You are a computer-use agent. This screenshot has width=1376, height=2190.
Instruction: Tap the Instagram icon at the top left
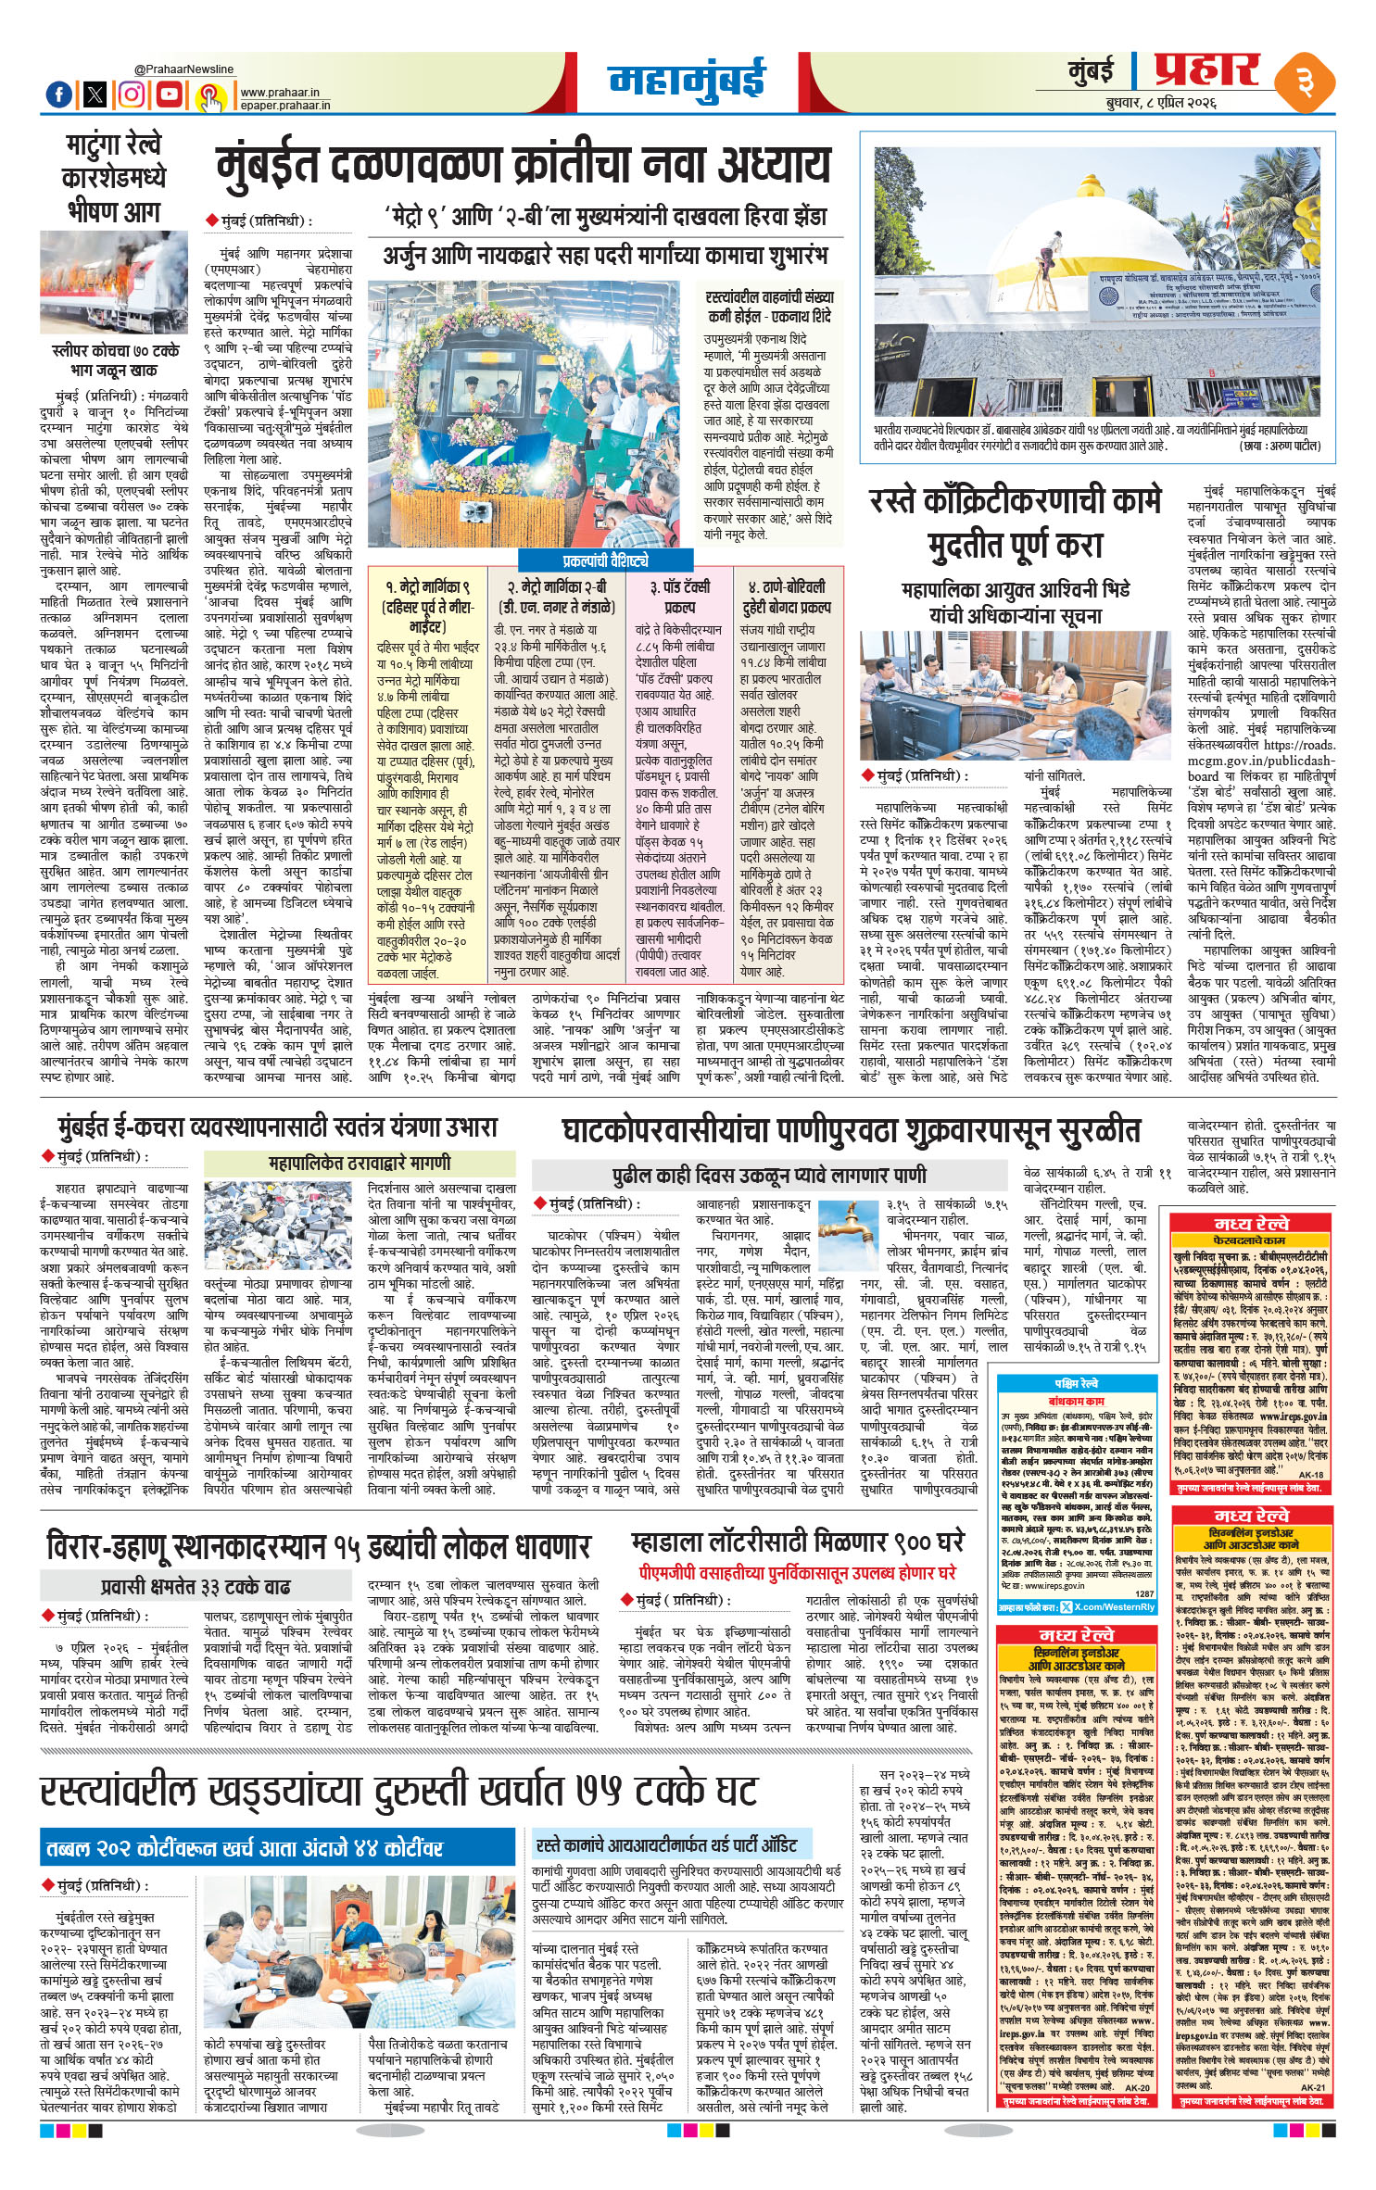coord(133,94)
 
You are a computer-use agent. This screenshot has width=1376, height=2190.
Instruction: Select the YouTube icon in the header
coord(170,94)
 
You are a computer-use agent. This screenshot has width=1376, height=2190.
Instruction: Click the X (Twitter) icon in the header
coord(95,94)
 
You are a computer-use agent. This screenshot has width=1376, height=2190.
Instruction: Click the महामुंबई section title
coord(687,80)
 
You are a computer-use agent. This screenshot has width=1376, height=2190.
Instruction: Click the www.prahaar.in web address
coord(280,93)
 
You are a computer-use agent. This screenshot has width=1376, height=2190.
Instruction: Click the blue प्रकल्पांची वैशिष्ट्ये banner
coord(605,560)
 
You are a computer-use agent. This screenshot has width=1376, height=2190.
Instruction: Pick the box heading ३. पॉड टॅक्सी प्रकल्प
coord(679,597)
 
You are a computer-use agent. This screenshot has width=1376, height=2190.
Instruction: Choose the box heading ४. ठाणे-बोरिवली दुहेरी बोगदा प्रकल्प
coord(787,597)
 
